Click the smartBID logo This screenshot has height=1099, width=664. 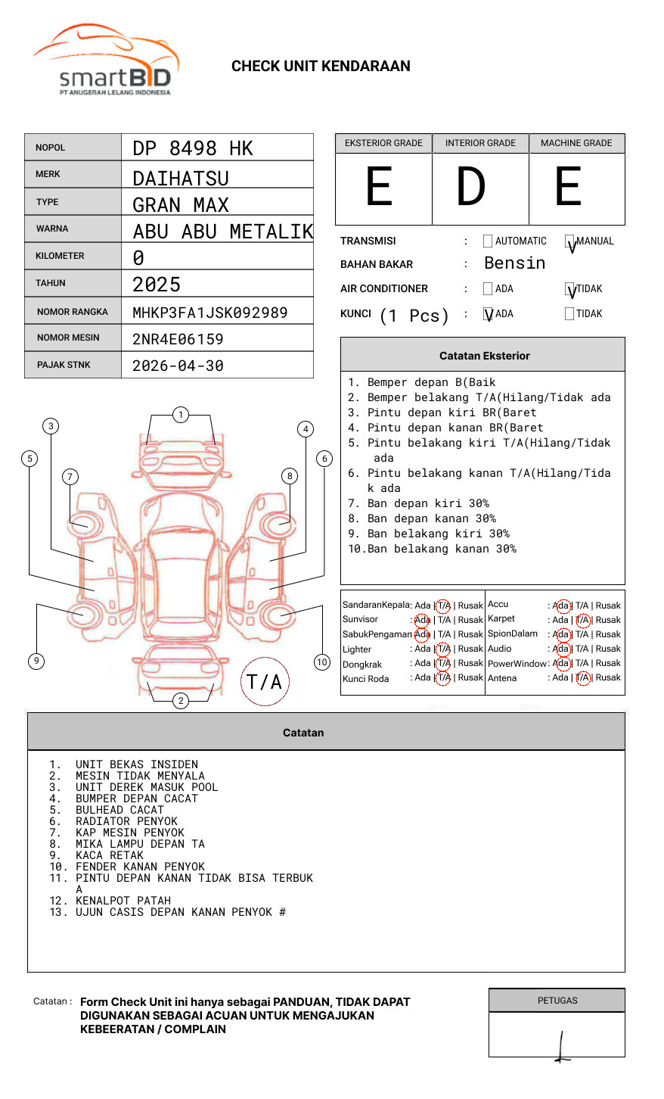pyautogui.click(x=106, y=61)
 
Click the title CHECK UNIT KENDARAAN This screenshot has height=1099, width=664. pyautogui.click(x=321, y=67)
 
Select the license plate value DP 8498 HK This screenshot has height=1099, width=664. pyautogui.click(x=193, y=148)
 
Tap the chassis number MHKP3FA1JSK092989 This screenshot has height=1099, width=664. pyautogui.click(x=209, y=313)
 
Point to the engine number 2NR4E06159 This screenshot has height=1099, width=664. pyautogui.click(x=178, y=339)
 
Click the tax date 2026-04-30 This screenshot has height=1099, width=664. pyautogui.click(x=178, y=366)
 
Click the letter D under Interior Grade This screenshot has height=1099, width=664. pyautogui.click(x=470, y=187)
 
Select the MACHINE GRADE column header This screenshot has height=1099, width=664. pyautogui.click(x=576, y=143)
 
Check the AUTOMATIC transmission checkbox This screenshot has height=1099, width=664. pyautogui.click(x=488, y=241)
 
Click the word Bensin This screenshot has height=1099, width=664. pyautogui.click(x=514, y=263)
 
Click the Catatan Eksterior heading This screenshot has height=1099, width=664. pyautogui.click(x=484, y=356)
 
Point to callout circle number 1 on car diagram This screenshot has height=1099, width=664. pyautogui.click(x=180, y=415)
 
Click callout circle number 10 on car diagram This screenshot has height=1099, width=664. pyautogui.click(x=322, y=662)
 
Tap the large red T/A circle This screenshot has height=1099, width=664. pyautogui.click(x=265, y=681)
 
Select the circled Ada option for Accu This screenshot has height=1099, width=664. pyautogui.click(x=562, y=606)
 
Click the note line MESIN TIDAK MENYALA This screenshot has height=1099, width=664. pyautogui.click(x=140, y=776)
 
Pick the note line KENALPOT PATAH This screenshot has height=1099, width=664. pyautogui.click(x=123, y=901)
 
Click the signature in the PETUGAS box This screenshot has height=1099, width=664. pyautogui.click(x=561, y=1046)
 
